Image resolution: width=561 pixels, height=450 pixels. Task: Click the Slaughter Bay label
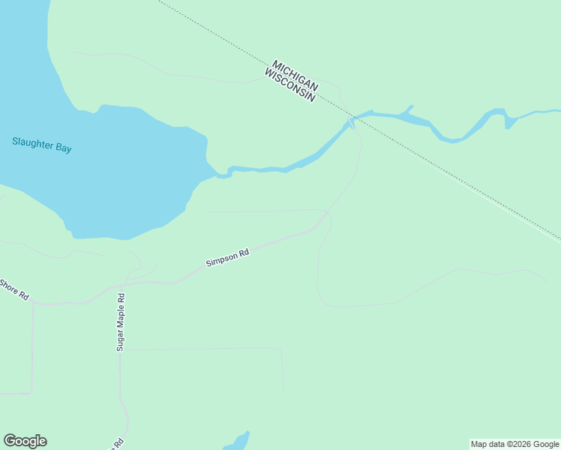click(42, 144)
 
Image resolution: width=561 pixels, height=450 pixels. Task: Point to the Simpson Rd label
click(227, 259)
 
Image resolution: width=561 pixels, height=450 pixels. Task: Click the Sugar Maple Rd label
click(120, 322)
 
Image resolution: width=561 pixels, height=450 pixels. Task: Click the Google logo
click(25, 441)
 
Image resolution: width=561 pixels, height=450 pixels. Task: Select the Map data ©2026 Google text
click(514, 444)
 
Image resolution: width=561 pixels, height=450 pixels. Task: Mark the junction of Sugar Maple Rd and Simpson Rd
click(124, 283)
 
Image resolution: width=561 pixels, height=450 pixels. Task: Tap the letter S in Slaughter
click(15, 141)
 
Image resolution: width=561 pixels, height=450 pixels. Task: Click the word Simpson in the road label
click(222, 260)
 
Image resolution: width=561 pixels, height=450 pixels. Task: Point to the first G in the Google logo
click(10, 441)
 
